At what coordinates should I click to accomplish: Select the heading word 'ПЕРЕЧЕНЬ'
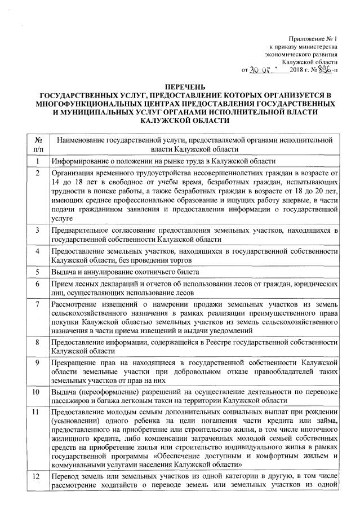[x=180, y=86]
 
